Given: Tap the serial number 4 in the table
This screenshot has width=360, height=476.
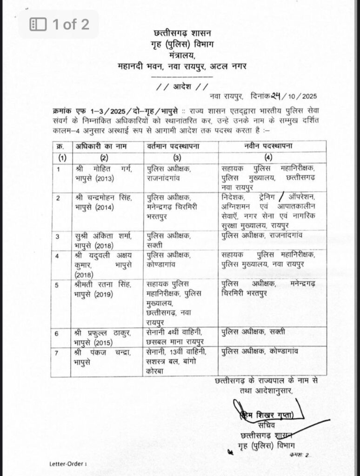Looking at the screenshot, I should pyautogui.click(x=58, y=255).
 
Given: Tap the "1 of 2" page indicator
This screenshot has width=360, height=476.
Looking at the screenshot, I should pyautogui.click(x=59, y=24).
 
